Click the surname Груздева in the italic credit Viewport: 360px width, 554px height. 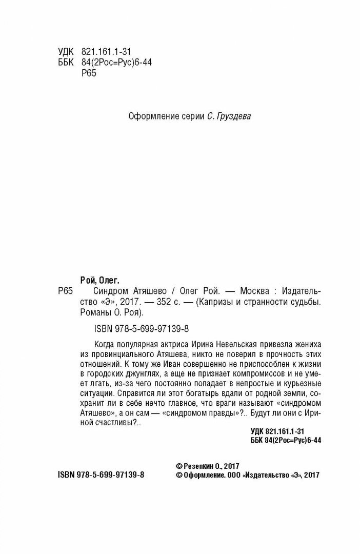click(234, 117)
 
